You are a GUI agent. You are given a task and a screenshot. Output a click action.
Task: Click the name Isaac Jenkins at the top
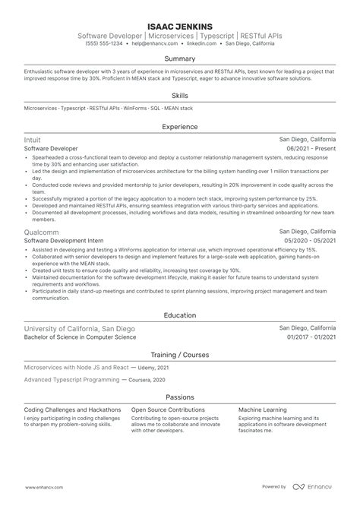[x=180, y=24]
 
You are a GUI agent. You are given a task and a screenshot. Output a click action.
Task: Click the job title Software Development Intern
[x=64, y=239]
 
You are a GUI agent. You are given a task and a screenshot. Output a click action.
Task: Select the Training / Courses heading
[x=180, y=355]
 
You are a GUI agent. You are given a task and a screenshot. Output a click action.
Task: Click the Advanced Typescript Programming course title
[x=71, y=378]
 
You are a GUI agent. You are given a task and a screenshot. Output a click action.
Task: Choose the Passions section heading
[x=180, y=397]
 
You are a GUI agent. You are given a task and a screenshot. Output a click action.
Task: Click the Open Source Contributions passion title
[x=169, y=409]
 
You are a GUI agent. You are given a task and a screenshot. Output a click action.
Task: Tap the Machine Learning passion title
[x=264, y=409]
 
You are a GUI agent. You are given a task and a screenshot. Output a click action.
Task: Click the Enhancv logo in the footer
[x=314, y=487]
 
